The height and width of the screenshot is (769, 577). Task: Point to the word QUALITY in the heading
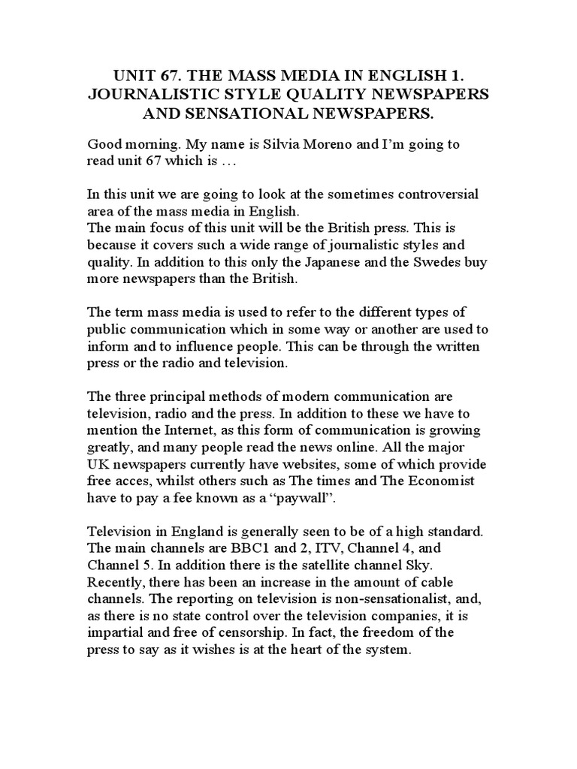336,95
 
